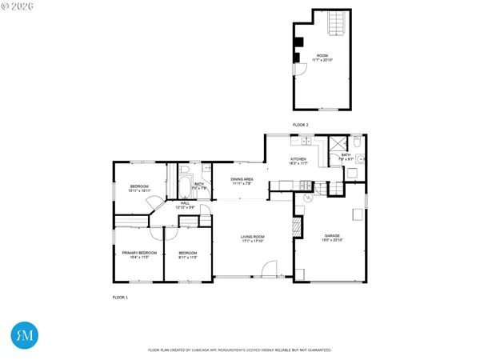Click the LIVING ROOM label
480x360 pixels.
tap(253, 237)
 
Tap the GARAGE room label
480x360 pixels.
tap(331, 236)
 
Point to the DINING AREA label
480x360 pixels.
tap(242, 179)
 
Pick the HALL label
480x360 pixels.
tap(185, 203)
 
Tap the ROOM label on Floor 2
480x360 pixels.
tap(322, 55)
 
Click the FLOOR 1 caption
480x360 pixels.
tap(120, 297)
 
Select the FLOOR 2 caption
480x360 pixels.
tap(300, 125)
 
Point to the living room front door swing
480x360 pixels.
tap(270, 268)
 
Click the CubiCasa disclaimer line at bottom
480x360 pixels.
tap(240, 350)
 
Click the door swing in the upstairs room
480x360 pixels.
tap(302, 70)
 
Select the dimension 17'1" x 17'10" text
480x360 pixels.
tap(253, 242)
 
